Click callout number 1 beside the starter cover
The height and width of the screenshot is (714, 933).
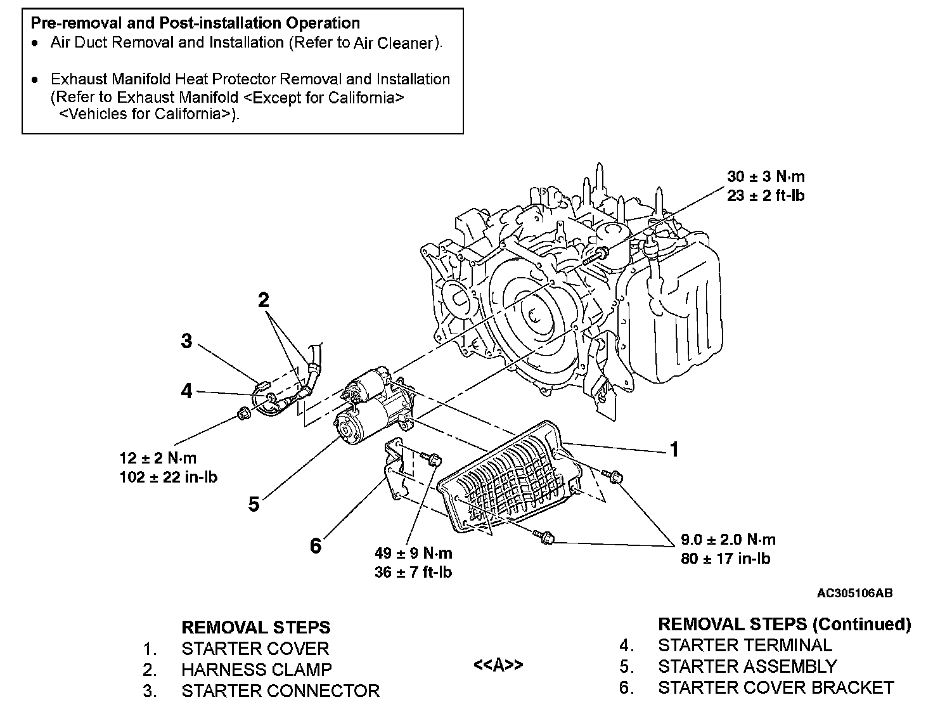click(674, 450)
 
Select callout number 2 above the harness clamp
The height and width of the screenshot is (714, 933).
click(264, 300)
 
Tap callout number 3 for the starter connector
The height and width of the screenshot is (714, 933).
click(186, 341)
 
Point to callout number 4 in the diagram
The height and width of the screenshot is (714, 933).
click(186, 391)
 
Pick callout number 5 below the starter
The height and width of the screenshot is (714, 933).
click(254, 504)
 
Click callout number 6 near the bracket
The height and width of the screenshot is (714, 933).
click(316, 545)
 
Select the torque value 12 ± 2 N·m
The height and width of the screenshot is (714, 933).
click(158, 458)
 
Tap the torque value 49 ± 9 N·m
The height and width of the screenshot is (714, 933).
click(413, 553)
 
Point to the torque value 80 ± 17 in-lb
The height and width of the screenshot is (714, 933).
click(726, 559)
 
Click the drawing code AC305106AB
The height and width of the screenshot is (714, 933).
click(854, 594)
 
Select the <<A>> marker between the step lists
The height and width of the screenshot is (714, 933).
click(498, 665)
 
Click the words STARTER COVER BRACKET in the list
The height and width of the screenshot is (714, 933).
click(776, 687)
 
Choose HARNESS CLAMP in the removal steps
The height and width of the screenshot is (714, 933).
click(257, 670)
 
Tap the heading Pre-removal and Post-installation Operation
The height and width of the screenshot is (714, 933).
click(195, 23)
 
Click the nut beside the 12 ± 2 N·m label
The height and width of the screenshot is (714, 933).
click(241, 415)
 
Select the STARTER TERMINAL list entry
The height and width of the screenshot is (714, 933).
click(745, 646)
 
